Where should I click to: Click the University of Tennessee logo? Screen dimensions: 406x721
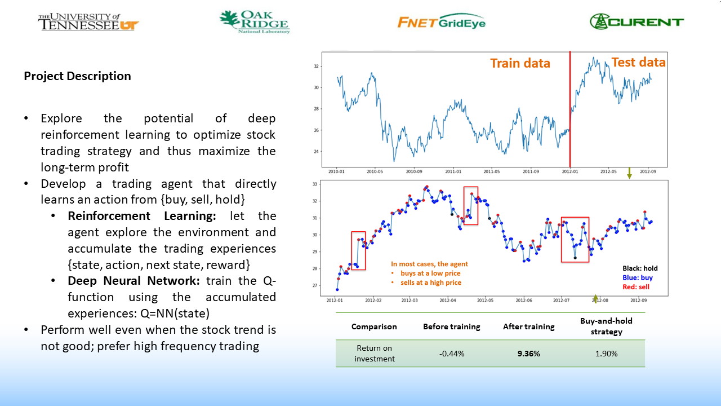click(88, 22)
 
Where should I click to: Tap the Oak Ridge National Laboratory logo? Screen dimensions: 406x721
click(254, 22)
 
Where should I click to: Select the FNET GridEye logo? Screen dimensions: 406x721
click(441, 21)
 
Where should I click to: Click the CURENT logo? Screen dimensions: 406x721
click(637, 21)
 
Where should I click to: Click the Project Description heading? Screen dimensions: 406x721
click(77, 76)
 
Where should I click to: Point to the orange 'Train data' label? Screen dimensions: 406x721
click(520, 63)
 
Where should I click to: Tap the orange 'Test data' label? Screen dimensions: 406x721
click(638, 62)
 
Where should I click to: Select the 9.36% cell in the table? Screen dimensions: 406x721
click(528, 354)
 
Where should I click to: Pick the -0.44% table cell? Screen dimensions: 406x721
click(451, 354)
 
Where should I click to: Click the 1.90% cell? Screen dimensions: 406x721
click(606, 354)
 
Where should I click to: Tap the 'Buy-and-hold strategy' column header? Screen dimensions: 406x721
click(606, 326)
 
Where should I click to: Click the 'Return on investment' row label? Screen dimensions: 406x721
click(375, 354)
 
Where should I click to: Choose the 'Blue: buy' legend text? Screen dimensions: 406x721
click(638, 277)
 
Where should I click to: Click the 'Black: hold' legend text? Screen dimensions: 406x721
click(640, 268)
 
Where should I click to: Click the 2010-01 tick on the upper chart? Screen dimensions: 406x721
click(337, 171)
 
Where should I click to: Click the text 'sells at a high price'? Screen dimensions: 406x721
click(430, 283)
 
